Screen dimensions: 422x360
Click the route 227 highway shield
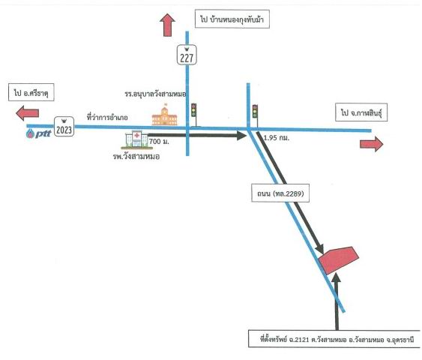tap(187, 55)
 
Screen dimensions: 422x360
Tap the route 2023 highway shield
tap(64, 127)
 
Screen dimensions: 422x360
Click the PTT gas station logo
tap(38, 133)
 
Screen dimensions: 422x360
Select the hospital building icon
tap(136, 139)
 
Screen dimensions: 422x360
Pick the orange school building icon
tap(164, 115)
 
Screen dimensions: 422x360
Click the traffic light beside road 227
tap(194, 110)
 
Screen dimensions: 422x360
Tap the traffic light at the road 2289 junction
tap(255, 112)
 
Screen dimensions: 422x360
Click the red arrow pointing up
tap(167, 25)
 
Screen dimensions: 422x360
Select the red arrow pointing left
tap(28, 113)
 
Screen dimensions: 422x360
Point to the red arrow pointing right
tap(371, 144)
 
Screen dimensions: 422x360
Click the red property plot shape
tap(339, 260)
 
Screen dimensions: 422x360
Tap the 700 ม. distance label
tap(159, 141)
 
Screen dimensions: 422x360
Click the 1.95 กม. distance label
tap(277, 138)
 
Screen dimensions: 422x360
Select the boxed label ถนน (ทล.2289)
tap(280, 193)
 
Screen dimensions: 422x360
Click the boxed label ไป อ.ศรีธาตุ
tap(31, 93)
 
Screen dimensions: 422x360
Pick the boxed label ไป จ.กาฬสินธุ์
tap(361, 112)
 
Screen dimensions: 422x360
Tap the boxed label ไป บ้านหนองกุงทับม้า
tap(232, 19)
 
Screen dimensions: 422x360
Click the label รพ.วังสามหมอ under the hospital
tap(136, 157)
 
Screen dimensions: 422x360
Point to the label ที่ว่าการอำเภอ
tap(107, 118)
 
